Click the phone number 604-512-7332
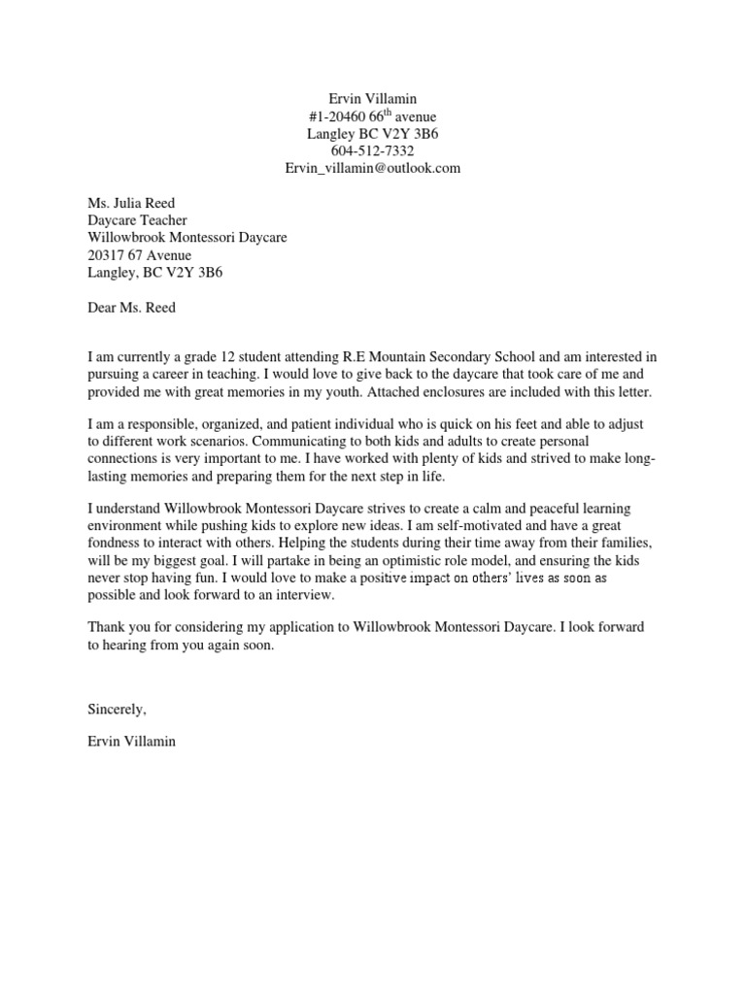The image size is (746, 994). click(x=372, y=150)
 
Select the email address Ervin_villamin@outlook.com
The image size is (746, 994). click(x=372, y=168)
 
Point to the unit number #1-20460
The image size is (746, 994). click(x=337, y=116)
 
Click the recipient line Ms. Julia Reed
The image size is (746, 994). click(x=132, y=203)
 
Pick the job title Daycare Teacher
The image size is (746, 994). click(x=137, y=220)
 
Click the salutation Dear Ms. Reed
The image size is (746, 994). click(x=133, y=309)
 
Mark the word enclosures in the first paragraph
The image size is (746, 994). click(x=466, y=391)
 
